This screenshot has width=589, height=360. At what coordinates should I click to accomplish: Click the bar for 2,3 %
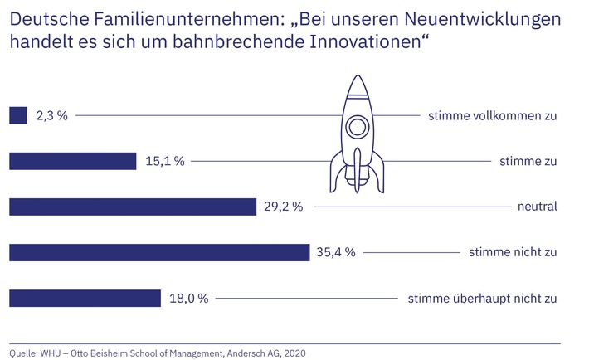coord(18,115)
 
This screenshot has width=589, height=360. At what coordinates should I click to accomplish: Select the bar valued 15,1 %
coord(73,161)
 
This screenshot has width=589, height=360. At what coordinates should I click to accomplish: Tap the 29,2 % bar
coord(133,207)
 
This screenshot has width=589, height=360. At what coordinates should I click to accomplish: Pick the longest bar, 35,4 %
coord(159,251)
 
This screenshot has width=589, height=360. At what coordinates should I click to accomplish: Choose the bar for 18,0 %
coord(85,297)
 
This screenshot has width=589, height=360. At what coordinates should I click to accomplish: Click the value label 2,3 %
coord(51,116)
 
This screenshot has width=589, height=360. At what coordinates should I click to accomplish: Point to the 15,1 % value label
coord(164,162)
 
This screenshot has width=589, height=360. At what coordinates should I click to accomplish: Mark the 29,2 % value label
coord(285,207)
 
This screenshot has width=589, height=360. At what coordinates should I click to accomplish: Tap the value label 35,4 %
coord(338,252)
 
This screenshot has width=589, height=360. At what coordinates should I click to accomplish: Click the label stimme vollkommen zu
coord(492,116)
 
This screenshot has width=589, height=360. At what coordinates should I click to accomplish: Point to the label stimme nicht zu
coord(512,252)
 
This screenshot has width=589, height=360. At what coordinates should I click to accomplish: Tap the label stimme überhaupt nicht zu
coord(482,298)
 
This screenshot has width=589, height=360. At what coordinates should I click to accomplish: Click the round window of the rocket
coord(357,127)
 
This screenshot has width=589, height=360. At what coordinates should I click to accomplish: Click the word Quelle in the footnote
coord(25,353)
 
